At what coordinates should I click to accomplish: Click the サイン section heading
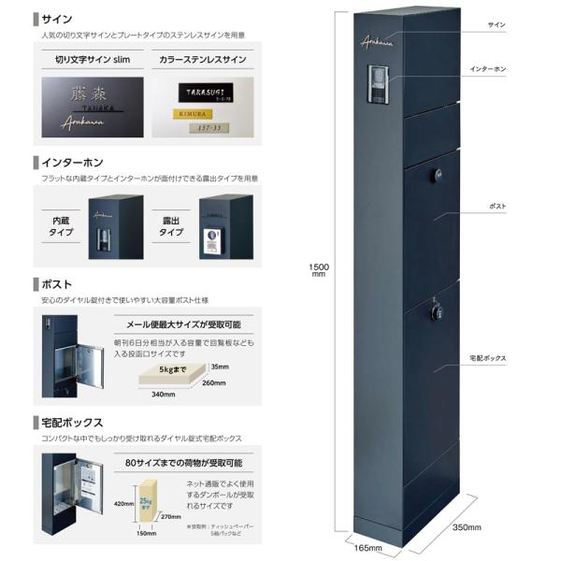(55, 18)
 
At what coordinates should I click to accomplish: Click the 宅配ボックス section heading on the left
(72, 423)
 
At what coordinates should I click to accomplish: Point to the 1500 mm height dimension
(318, 269)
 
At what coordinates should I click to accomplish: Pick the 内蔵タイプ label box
(62, 225)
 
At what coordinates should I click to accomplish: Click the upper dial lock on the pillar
(438, 175)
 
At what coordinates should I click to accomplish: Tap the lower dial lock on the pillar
(436, 309)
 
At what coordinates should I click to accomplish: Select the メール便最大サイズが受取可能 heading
(183, 324)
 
